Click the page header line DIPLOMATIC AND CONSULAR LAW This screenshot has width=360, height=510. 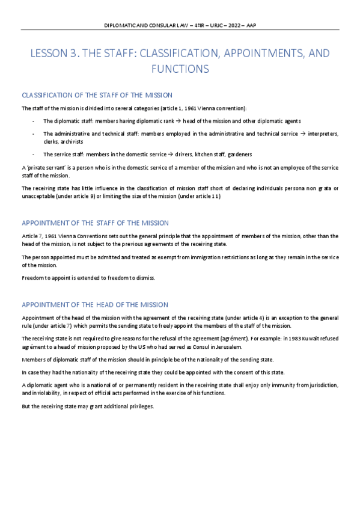click(180, 26)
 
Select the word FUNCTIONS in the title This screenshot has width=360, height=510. click(180, 69)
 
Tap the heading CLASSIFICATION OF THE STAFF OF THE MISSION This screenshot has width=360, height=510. click(97, 96)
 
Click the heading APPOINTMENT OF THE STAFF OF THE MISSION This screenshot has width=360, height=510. click(95, 223)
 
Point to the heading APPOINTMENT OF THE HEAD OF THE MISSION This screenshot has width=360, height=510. click(94, 304)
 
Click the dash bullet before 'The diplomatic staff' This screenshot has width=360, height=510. click(32, 121)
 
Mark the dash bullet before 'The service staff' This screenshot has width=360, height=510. click(32, 154)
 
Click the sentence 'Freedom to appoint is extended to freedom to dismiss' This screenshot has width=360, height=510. click(88, 278)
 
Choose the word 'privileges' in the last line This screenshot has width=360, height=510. click(139, 406)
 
